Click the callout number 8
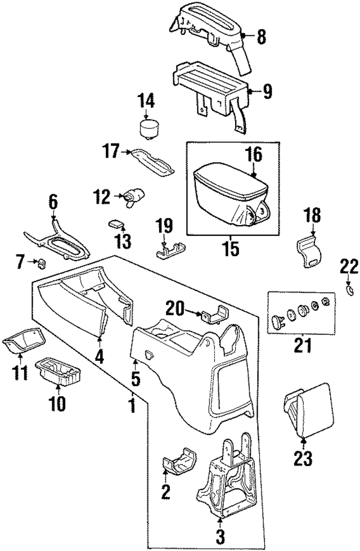pos(261,38)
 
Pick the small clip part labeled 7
pos(41,261)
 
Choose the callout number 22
pos(349,265)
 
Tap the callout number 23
pos(303,459)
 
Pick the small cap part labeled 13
pos(117,223)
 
